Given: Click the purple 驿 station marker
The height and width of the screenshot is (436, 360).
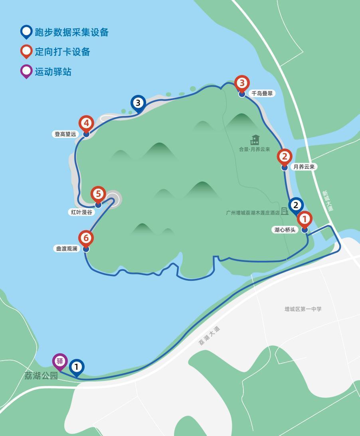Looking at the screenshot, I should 60,361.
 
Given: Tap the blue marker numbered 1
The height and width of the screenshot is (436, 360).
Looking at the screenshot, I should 77,367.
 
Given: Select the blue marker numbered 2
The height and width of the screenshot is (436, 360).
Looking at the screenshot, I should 296,205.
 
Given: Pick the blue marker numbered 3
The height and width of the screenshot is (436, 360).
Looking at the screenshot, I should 138,103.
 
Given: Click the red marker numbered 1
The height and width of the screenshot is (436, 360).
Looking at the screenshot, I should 305,219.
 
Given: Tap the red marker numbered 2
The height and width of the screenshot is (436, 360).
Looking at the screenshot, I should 284,156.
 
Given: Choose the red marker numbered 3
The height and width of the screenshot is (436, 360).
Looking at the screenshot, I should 242,83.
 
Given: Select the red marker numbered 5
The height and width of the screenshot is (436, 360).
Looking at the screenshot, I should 98,194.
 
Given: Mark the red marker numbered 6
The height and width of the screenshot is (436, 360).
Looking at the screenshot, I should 86,238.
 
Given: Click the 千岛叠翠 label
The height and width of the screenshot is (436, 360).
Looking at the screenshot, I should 262,93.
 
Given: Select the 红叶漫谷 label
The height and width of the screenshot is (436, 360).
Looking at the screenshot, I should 81,212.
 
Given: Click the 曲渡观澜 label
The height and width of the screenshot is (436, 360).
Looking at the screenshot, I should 66,249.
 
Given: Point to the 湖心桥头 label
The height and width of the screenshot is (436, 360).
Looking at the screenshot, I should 285,230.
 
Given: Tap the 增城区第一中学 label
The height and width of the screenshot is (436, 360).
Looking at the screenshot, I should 303,309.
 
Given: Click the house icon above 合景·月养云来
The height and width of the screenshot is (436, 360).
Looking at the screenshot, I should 255,140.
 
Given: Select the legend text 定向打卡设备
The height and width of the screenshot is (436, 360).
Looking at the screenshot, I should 62,52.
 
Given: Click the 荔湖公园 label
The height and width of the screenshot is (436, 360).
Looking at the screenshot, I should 41,376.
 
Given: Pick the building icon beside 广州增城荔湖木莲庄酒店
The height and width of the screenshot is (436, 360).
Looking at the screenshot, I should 285,211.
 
